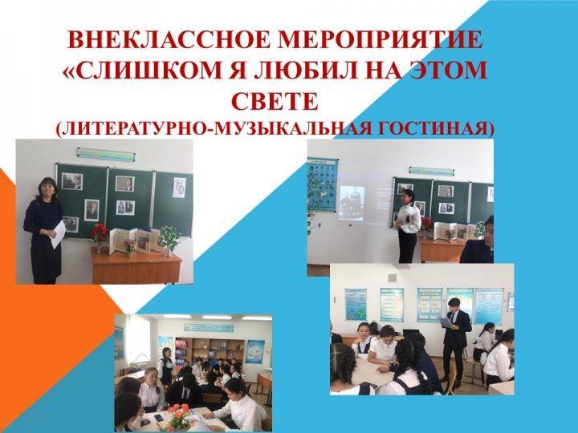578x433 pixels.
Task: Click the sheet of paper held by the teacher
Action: (58, 233)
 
